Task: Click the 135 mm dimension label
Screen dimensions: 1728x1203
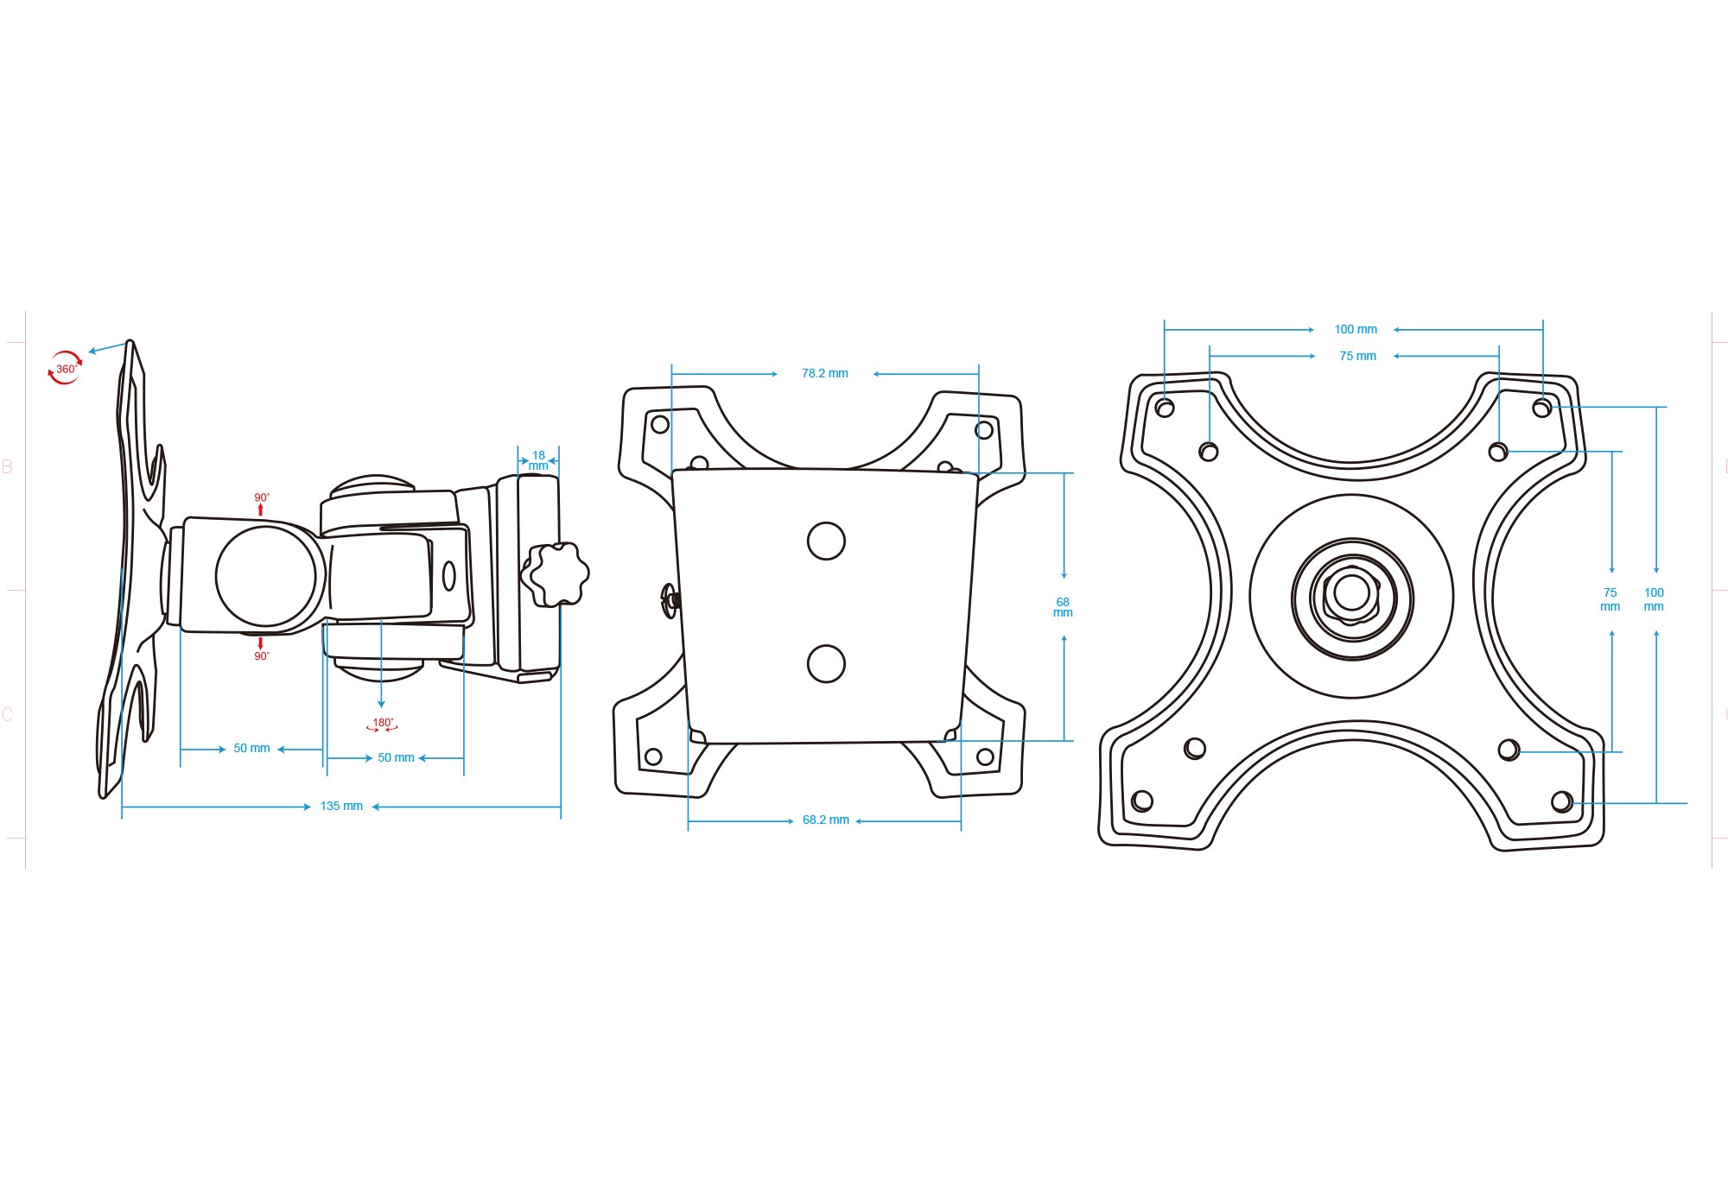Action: (341, 807)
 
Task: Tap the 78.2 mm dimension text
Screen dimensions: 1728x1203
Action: (825, 374)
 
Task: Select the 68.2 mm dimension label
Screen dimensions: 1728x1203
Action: (826, 820)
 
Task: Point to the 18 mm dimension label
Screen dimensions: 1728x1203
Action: (538, 460)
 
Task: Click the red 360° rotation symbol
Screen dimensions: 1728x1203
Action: (65, 368)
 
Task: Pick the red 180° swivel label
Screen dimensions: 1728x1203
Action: (382, 724)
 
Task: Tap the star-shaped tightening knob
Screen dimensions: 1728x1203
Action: (556, 574)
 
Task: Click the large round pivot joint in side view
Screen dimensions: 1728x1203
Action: (265, 576)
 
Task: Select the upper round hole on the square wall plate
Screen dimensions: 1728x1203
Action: (826, 541)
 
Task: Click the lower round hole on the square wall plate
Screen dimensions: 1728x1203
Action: (826, 664)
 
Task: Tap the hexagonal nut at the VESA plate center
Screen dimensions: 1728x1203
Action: (1352, 593)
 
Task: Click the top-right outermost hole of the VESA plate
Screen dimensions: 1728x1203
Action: (1541, 408)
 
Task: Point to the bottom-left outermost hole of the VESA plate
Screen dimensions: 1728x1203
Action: (1142, 801)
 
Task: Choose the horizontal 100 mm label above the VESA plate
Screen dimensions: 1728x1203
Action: (1356, 330)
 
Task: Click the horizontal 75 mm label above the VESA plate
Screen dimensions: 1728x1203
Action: (1357, 357)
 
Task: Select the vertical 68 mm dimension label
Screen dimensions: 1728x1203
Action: (1063, 607)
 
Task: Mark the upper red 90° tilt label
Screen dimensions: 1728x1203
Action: (262, 497)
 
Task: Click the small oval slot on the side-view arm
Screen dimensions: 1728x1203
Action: (448, 576)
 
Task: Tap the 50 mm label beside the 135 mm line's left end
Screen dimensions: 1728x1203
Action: (251, 749)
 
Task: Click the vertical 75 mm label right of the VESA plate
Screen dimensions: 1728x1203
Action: (1610, 599)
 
